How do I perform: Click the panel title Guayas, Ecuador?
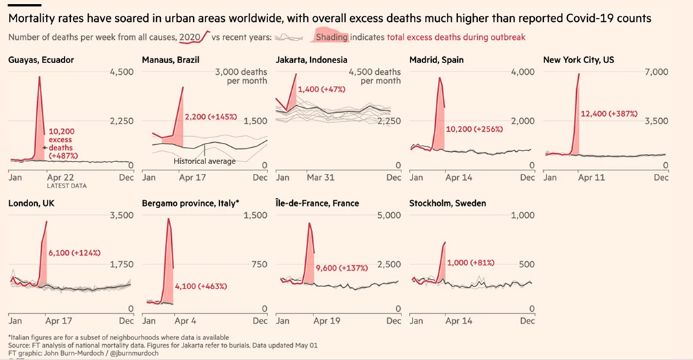click(x=41, y=60)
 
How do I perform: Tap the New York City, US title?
click(x=578, y=60)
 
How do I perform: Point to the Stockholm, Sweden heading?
click(x=448, y=204)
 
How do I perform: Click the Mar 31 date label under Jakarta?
click(x=320, y=177)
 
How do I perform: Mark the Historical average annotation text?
click(x=204, y=161)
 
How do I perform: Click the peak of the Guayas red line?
click(x=39, y=77)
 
